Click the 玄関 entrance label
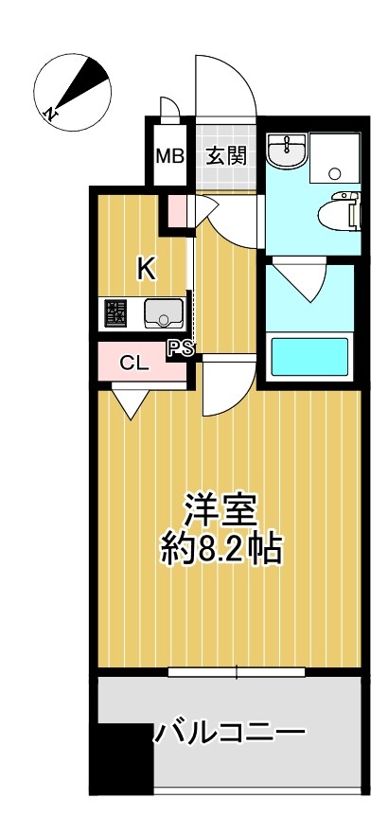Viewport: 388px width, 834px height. pos(227,154)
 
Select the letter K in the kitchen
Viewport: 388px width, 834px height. pos(145,269)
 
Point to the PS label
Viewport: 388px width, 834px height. pos(181,347)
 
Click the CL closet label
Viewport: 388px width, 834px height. pos(132,363)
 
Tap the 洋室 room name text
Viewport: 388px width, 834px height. pos(221,511)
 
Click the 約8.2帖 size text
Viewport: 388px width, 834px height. pos(221,550)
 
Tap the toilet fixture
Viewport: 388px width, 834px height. pos(342,209)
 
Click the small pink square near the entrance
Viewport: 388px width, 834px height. pos(177,210)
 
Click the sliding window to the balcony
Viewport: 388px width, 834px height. pos(237,673)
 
